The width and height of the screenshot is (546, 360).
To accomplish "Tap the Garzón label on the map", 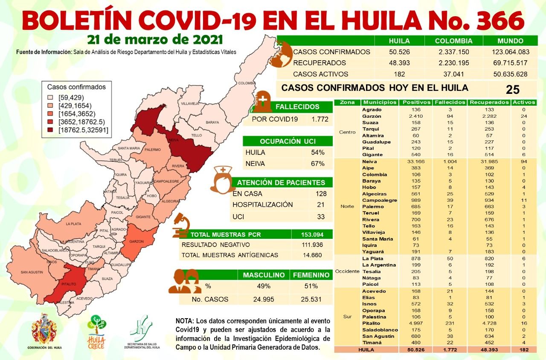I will click(136, 241).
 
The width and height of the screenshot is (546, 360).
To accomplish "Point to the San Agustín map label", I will click(32, 272).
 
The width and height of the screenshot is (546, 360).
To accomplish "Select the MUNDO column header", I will click(510, 41).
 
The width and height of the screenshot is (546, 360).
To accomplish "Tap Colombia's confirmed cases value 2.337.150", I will click(453, 52).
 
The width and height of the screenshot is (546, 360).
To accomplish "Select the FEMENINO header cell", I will click(311, 275).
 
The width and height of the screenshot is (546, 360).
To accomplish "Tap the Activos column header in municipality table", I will click(524, 102).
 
